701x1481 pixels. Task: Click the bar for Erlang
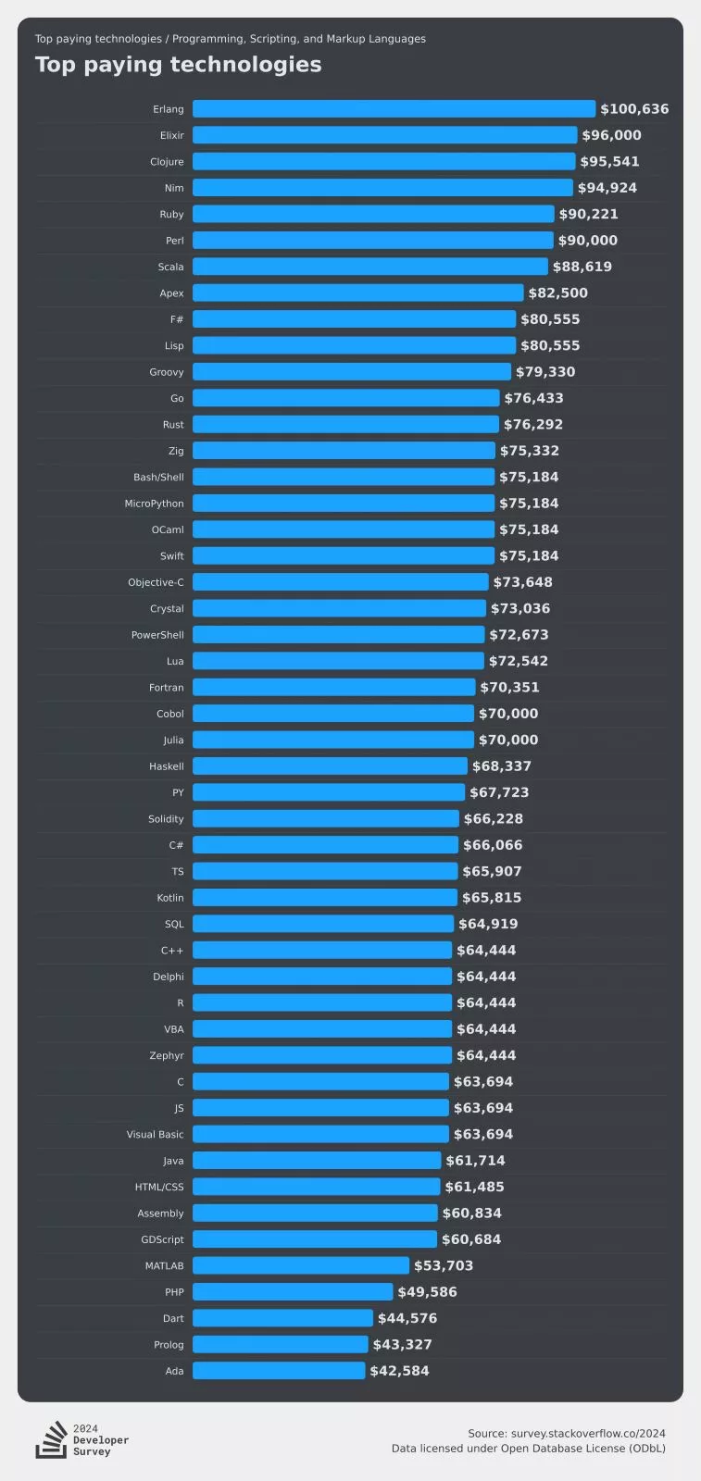[x=394, y=109]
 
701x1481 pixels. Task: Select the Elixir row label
[x=171, y=135]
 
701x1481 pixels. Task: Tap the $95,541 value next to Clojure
[x=609, y=162]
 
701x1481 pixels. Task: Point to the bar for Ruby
[x=373, y=214]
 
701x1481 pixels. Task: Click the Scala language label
[x=170, y=267]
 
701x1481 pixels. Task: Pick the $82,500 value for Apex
[x=557, y=293]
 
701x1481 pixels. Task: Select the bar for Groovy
[x=351, y=372]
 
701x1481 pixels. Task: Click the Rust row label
[x=173, y=425]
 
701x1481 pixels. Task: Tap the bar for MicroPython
[x=343, y=504]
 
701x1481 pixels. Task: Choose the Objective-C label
[x=156, y=582]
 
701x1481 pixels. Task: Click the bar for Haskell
[x=330, y=766]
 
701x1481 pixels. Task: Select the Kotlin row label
[x=170, y=898]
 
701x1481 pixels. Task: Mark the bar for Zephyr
[x=321, y=1055]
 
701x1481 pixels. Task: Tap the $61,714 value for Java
[x=475, y=1161]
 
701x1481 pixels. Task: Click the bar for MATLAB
[x=300, y=1265]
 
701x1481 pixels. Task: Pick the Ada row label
[x=174, y=1371]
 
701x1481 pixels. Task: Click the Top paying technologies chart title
[x=179, y=65]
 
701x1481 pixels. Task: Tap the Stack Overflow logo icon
[x=51, y=1440]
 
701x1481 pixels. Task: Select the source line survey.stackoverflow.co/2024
[x=567, y=1433]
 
